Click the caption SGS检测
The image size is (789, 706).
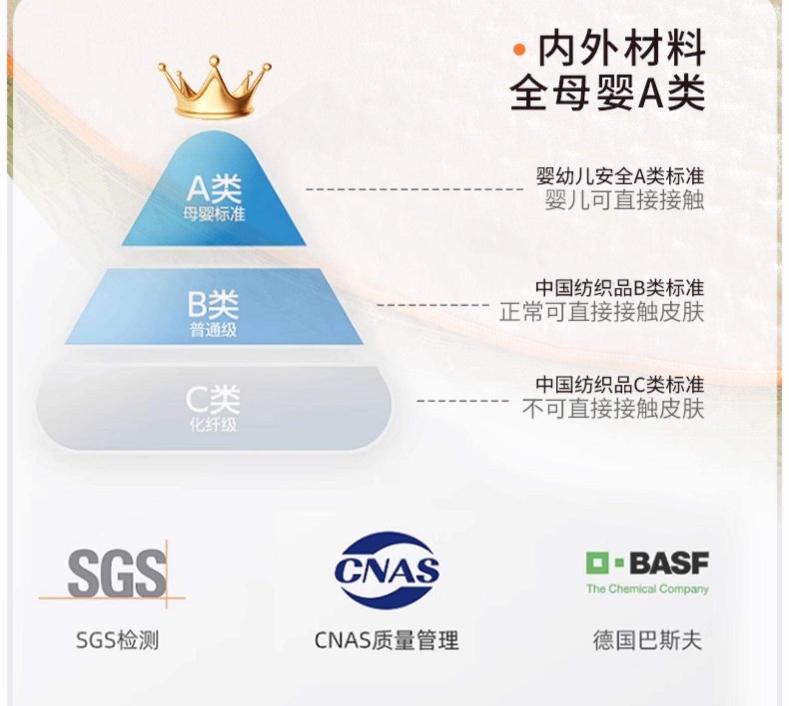117,640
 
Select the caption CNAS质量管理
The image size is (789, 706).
387,640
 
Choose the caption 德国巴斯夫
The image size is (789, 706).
647,640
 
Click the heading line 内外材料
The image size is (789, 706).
621,48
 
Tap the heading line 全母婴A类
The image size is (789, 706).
607,93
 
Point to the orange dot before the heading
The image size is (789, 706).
520,49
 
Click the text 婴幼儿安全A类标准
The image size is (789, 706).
620,176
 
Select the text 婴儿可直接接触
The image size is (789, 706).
624,200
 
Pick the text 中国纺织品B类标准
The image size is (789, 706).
620,288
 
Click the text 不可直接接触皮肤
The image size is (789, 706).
613,409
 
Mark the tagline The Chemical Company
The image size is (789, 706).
647,589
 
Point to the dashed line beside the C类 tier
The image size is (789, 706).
463,401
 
